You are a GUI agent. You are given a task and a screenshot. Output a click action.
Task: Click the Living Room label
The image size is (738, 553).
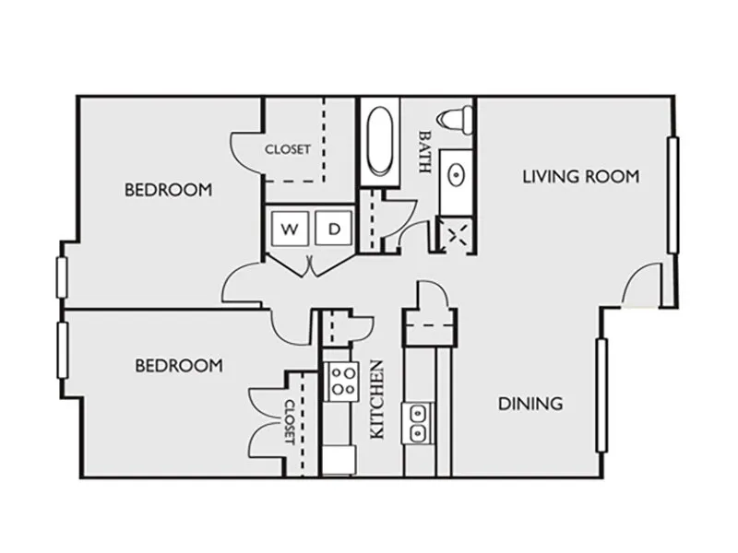pos(581,177)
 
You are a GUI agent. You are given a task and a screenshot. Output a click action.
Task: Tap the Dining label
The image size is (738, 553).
pos(530,404)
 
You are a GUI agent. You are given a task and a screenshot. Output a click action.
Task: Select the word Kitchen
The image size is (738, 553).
pos(377,400)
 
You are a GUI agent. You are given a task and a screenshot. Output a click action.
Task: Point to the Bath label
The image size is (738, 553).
pos(424,152)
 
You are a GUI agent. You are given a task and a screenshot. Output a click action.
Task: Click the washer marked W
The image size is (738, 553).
pos(290,228)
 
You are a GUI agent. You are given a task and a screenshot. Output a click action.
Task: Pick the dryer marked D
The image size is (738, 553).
pos(334,228)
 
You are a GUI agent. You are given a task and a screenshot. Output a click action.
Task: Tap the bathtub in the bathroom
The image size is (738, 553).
pos(380,141)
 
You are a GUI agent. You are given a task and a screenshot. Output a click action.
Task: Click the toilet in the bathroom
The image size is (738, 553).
pos(455,119)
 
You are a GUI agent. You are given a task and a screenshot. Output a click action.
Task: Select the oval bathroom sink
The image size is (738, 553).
pos(456,176)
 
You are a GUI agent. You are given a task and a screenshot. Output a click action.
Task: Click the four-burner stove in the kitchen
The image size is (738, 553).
pos(342,382)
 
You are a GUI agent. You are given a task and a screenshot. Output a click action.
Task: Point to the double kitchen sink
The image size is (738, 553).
pos(418,423)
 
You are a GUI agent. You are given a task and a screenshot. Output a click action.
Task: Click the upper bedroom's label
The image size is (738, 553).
pos(168,190)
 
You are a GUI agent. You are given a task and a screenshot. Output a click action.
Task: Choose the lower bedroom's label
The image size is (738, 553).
pos(179,365)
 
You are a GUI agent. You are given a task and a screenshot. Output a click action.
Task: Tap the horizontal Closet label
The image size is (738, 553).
pos(288,149)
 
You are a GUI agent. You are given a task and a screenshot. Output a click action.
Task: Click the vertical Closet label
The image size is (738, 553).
pos(290,422)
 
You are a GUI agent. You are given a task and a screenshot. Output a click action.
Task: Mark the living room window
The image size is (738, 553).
pos(673,195)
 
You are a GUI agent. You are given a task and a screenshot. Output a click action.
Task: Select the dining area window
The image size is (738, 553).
pos(601,395)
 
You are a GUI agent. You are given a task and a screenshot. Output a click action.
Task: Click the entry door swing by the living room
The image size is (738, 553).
pos(642,281)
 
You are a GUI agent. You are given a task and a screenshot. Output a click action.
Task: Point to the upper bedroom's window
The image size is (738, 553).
pos(62,277)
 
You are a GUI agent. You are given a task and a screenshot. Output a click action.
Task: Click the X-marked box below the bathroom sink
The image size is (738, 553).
pos(455,235)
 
